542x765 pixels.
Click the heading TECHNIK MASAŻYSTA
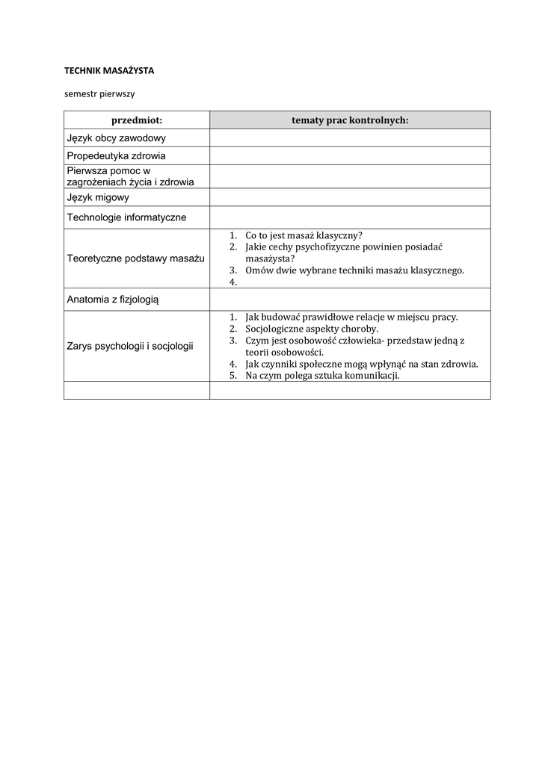coord(108,70)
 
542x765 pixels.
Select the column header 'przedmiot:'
coord(137,120)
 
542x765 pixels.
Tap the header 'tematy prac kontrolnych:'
coord(350,120)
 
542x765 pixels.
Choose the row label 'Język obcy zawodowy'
coord(116,138)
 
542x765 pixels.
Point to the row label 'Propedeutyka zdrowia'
coord(116,156)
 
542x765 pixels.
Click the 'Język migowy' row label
coord(98,198)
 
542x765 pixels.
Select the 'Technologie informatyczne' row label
coord(126,217)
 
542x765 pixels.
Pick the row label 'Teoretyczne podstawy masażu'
coord(135,258)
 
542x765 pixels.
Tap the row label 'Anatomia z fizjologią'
coord(113,299)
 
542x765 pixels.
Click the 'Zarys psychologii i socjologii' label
coord(130,346)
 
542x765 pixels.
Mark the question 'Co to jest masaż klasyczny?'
coord(304,235)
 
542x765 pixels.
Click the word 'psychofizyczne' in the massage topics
coord(324,247)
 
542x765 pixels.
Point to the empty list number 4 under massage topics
coord(233,282)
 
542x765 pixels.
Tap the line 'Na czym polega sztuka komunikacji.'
coord(322,376)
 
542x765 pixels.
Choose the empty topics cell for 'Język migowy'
coord(350,198)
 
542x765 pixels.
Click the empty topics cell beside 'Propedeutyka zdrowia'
coord(350,156)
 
